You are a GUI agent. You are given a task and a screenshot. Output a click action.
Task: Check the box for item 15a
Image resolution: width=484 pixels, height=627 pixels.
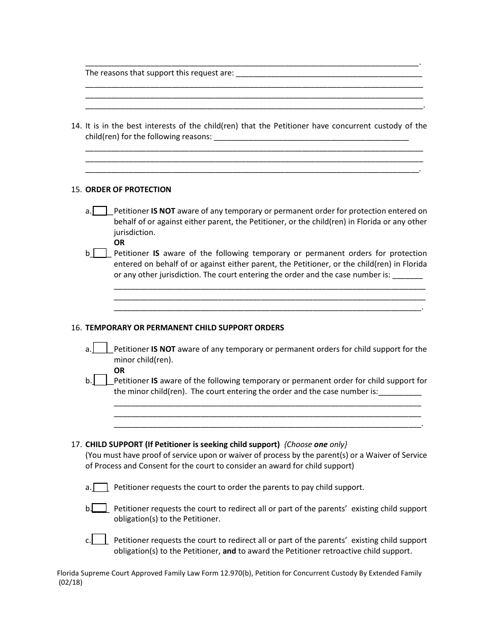click(100, 211)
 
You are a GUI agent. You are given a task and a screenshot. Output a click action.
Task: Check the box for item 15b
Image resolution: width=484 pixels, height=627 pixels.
click(100, 253)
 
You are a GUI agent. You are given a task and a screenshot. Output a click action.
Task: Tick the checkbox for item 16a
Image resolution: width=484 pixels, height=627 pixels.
click(100, 349)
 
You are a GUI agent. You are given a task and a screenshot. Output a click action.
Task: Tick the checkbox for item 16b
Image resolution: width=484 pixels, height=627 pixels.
click(100, 380)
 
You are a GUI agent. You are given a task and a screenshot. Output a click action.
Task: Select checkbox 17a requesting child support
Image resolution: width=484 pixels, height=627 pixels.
click(100, 487)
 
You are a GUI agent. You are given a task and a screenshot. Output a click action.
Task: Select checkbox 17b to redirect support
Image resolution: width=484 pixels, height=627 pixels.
click(99, 508)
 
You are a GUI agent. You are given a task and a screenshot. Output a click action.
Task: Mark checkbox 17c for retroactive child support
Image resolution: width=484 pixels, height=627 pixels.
click(99, 539)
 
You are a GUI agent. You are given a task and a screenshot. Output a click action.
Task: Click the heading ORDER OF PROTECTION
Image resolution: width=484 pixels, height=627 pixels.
click(128, 190)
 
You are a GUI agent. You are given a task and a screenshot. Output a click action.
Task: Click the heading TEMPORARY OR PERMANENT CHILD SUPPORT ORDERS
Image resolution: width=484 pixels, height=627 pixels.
click(184, 328)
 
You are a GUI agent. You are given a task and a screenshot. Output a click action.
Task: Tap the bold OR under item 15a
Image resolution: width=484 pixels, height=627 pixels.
click(119, 243)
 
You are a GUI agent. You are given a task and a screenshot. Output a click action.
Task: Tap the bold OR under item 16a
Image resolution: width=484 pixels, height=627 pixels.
click(119, 371)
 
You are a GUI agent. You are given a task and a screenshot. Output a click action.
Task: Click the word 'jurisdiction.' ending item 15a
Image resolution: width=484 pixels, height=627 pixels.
click(135, 232)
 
